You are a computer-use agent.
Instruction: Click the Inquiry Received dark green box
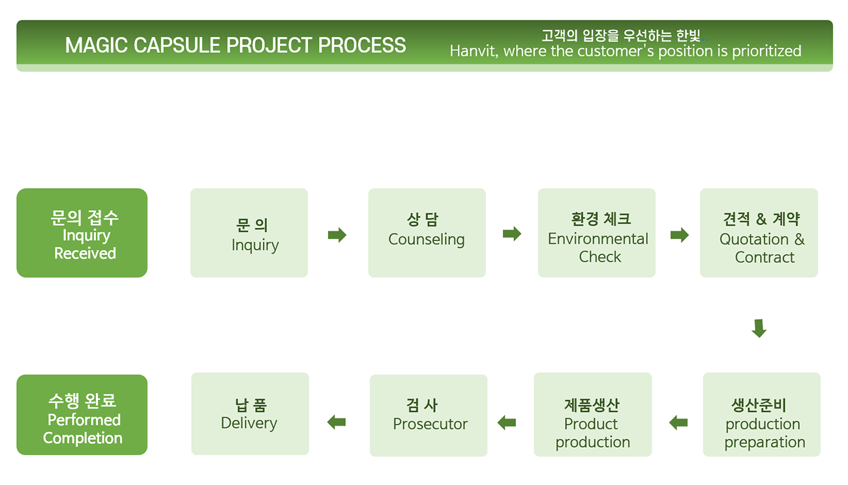82,232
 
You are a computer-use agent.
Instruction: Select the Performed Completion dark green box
82,415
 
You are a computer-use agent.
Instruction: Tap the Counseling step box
427,232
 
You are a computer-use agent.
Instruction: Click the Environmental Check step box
597,232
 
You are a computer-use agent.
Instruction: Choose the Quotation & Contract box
759,232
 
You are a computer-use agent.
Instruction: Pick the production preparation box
762,414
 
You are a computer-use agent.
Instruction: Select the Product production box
593,414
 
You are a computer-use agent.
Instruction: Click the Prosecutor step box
429,415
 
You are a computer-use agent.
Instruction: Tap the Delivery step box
250,413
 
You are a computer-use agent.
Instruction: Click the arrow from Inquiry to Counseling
337,235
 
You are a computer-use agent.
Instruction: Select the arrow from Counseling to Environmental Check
512,234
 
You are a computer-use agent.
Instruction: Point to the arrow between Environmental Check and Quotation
680,235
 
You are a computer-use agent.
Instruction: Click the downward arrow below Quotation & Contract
759,328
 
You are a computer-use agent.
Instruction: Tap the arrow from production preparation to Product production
678,422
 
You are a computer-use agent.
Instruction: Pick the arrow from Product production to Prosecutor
507,422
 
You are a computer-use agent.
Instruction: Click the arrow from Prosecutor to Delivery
337,422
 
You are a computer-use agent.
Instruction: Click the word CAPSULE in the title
177,46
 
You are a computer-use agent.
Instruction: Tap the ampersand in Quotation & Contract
800,240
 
